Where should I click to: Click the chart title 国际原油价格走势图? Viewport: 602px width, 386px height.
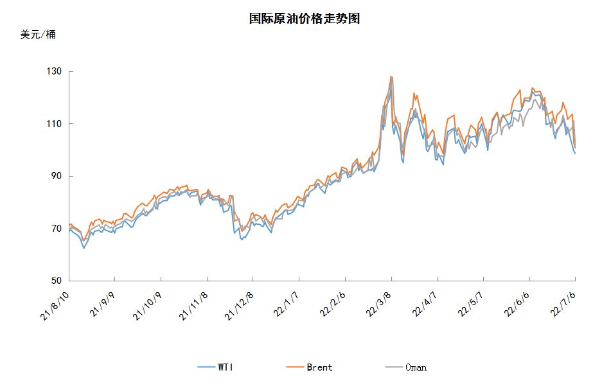[304, 19]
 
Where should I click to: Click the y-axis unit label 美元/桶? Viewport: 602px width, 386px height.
[38, 35]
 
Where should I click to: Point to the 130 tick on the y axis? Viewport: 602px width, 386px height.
[54, 71]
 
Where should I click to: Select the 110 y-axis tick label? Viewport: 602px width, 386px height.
[54, 123]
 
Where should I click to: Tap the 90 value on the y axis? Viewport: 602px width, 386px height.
[57, 176]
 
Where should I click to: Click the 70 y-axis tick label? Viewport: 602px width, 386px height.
[57, 228]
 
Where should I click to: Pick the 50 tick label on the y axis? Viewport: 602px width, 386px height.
[57, 281]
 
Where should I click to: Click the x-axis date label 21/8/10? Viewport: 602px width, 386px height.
[55, 306]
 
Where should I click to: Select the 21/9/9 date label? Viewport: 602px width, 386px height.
[102, 304]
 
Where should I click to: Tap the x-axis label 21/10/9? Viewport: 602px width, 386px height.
[147, 306]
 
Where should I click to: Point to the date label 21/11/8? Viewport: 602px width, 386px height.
[193, 306]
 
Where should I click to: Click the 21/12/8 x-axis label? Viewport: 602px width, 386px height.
[239, 306]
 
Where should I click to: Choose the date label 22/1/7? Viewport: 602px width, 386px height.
[286, 304]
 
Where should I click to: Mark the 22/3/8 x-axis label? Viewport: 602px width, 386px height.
[378, 304]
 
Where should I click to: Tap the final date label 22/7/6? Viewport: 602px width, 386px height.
[563, 304]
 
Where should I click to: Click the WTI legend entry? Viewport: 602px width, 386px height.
[215, 367]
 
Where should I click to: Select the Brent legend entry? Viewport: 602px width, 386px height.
[310, 367]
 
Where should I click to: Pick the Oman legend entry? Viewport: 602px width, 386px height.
[406, 367]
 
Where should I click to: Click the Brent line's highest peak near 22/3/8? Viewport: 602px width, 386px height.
[391, 76]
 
